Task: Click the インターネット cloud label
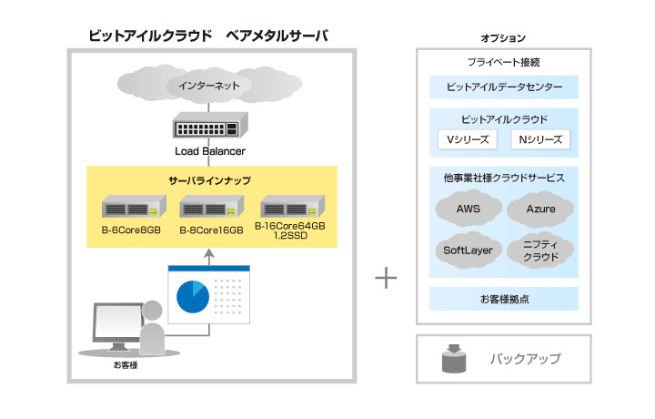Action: point(210,86)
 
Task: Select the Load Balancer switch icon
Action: point(210,128)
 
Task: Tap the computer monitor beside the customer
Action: point(116,323)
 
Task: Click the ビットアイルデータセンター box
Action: point(504,88)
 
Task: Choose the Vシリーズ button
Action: point(467,139)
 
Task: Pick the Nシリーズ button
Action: point(539,139)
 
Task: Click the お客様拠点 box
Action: point(504,299)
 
